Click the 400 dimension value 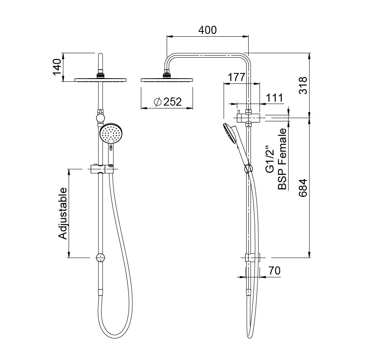pyautogui.click(x=207, y=30)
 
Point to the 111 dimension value pyautogui.click(x=274, y=98)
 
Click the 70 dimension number pyautogui.click(x=274, y=271)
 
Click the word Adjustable pyautogui.click(x=63, y=213)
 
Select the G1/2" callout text pyautogui.click(x=270, y=160)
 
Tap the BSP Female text pyautogui.click(x=282, y=159)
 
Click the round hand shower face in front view pyautogui.click(x=110, y=133)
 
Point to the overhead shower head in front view pyautogui.click(x=101, y=79)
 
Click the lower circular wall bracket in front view pyautogui.click(x=101, y=258)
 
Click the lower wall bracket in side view pyautogui.click(x=253, y=257)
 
